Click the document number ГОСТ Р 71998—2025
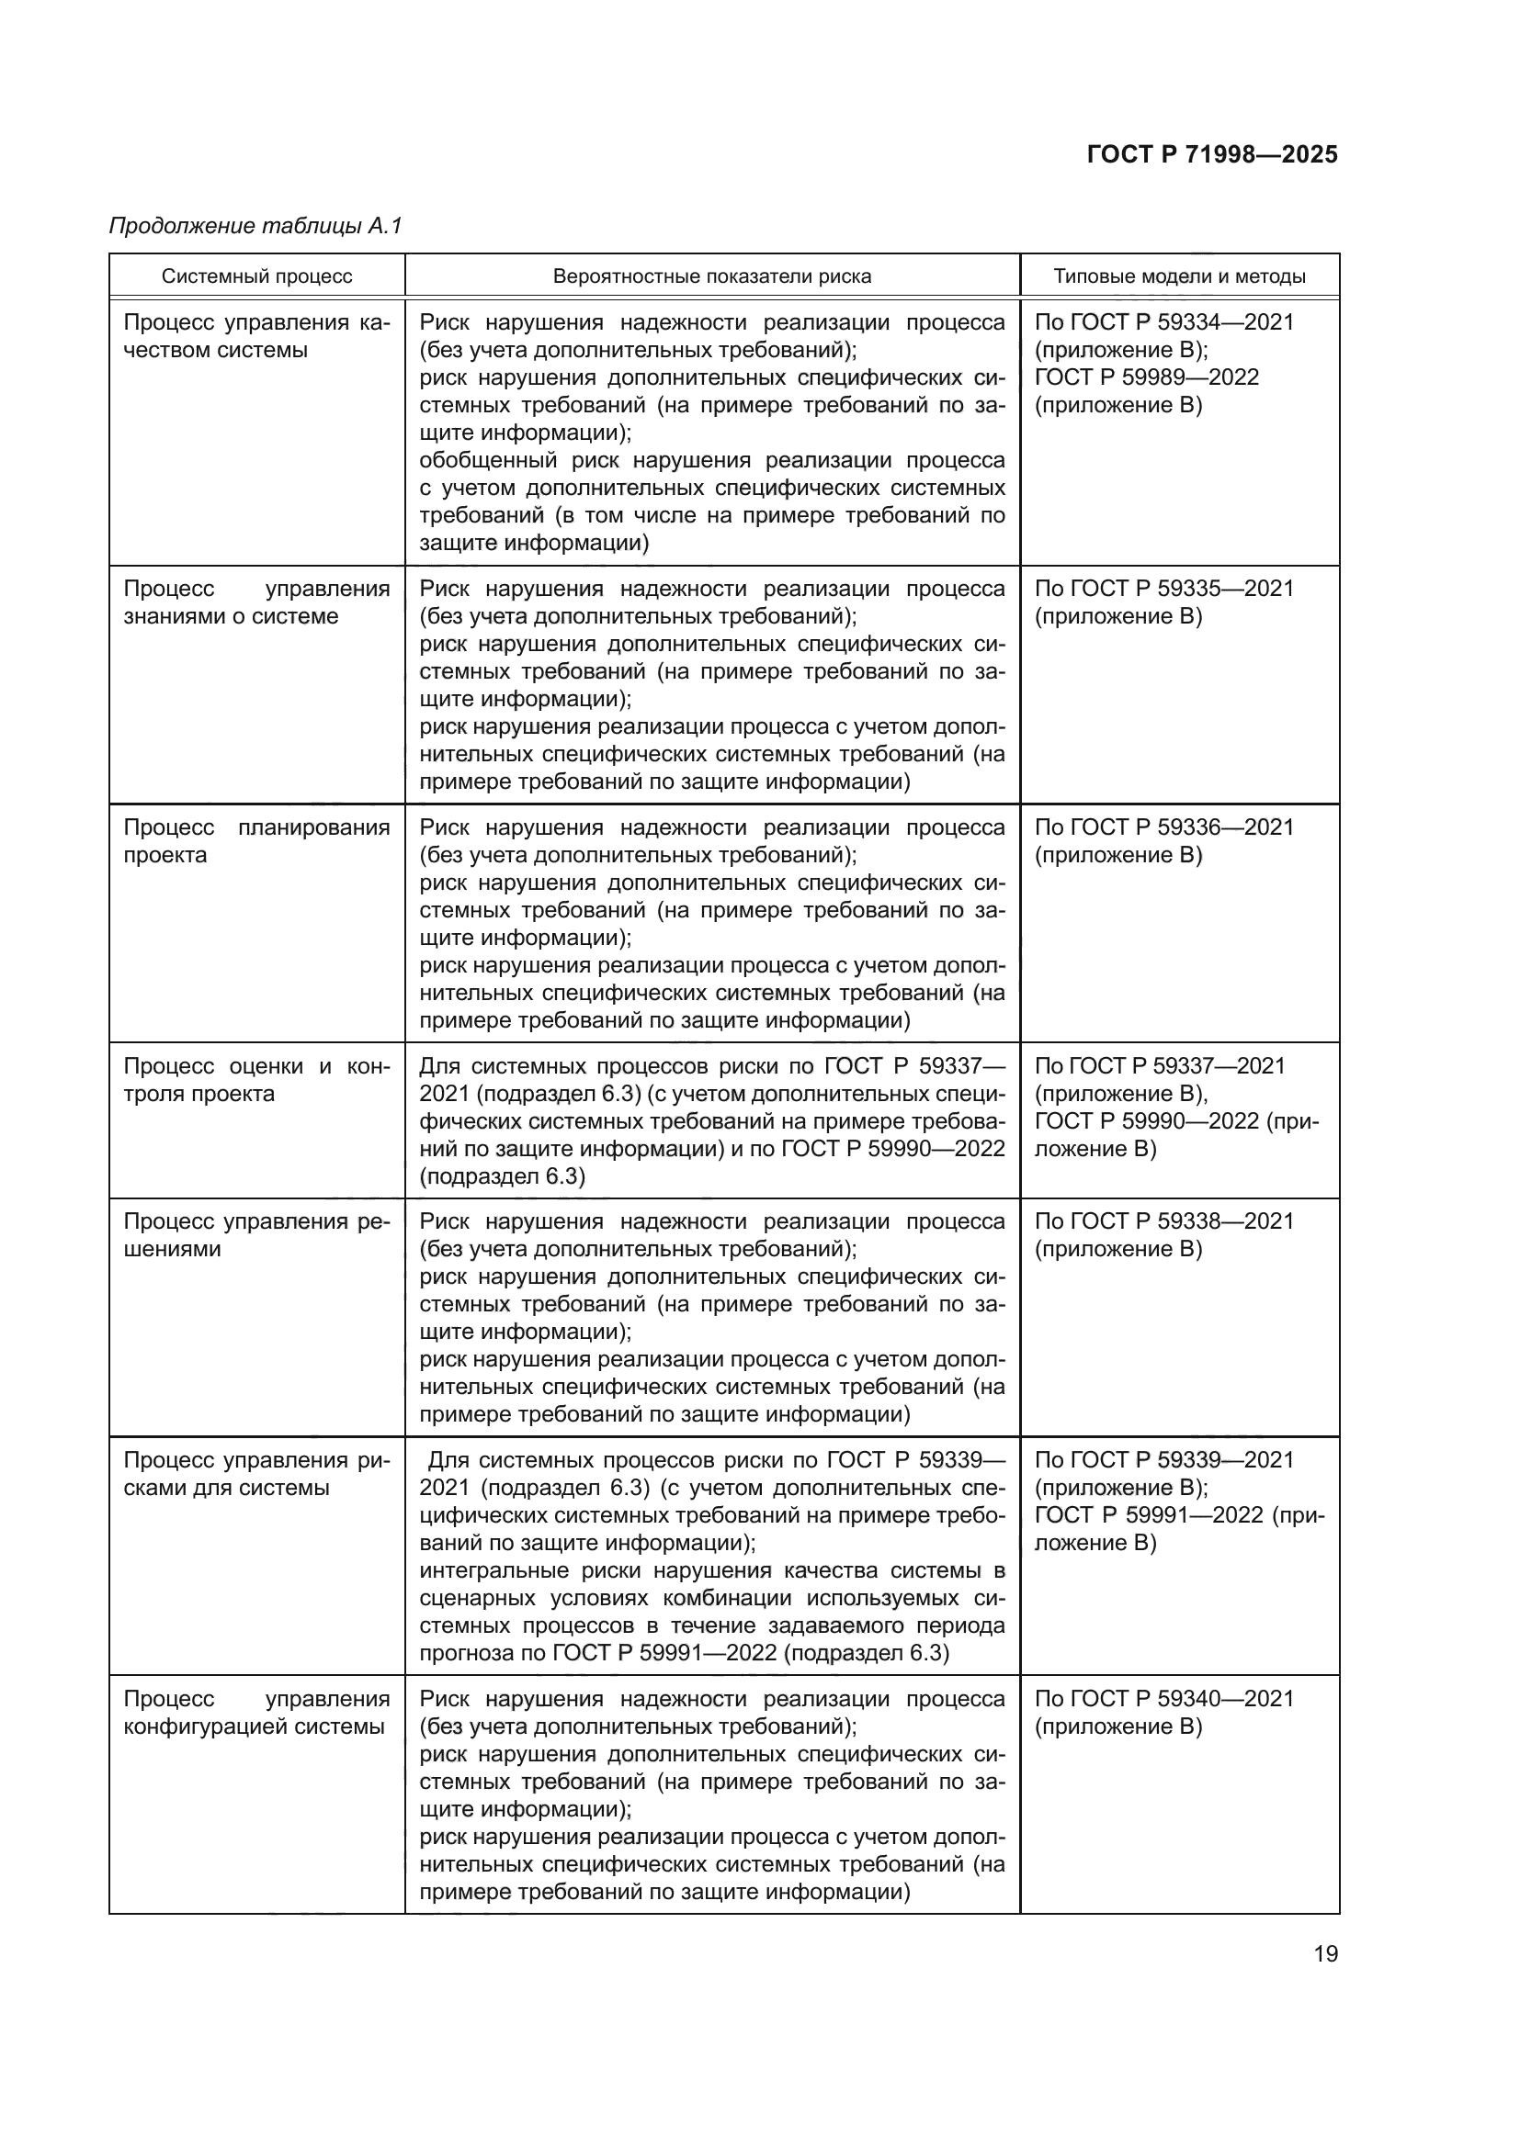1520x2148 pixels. pyautogui.click(x=1212, y=154)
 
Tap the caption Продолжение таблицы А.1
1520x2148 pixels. pyautogui.click(x=255, y=226)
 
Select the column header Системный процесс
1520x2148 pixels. pyautogui.click(x=256, y=276)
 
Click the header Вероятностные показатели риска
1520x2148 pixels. pyautogui.click(x=711, y=276)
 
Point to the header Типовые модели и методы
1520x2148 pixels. pyautogui.click(x=1179, y=276)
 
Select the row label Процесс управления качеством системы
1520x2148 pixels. pyautogui.click(x=255, y=336)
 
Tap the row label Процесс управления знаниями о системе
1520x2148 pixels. pyautogui.click(x=255, y=602)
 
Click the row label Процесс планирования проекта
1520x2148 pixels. pyautogui.click(x=255, y=841)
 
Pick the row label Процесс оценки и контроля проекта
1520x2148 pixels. pyautogui.click(x=255, y=1080)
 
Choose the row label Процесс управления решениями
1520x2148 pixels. pyautogui.click(x=255, y=1235)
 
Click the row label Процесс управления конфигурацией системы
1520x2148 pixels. pyautogui.click(x=255, y=1712)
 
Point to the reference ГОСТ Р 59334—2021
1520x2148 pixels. pyautogui.click(x=1181, y=322)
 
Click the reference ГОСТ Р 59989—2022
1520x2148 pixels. pyautogui.click(x=1147, y=378)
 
